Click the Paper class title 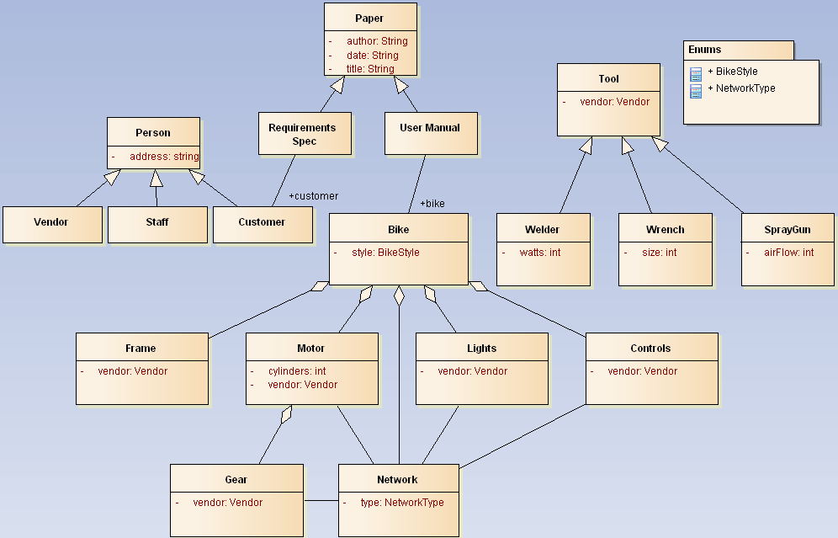(x=370, y=19)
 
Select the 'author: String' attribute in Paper (x=376, y=41)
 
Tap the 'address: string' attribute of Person (x=163, y=157)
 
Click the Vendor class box (x=51, y=223)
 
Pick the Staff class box (x=157, y=223)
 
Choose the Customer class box (x=262, y=223)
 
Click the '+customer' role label (x=313, y=196)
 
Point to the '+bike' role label (x=432, y=204)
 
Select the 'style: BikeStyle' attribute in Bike (x=385, y=253)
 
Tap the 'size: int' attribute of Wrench (x=659, y=253)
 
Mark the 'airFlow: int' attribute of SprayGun (x=788, y=253)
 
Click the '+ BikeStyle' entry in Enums (x=733, y=72)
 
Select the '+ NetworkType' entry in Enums (x=741, y=88)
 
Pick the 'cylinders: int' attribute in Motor (x=297, y=371)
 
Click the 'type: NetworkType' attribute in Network (x=401, y=503)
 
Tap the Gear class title (x=236, y=480)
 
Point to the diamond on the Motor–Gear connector (x=287, y=414)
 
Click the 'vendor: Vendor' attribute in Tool (x=614, y=102)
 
